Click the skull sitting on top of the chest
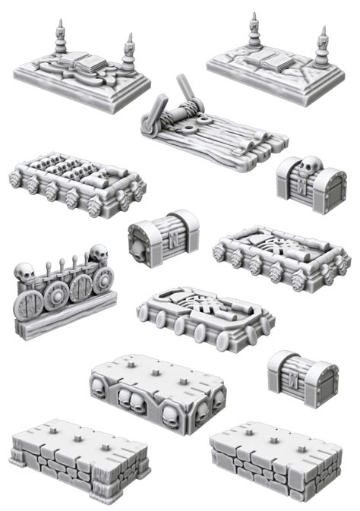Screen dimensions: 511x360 (305, 166)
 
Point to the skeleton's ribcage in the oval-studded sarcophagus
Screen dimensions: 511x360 (207, 312)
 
